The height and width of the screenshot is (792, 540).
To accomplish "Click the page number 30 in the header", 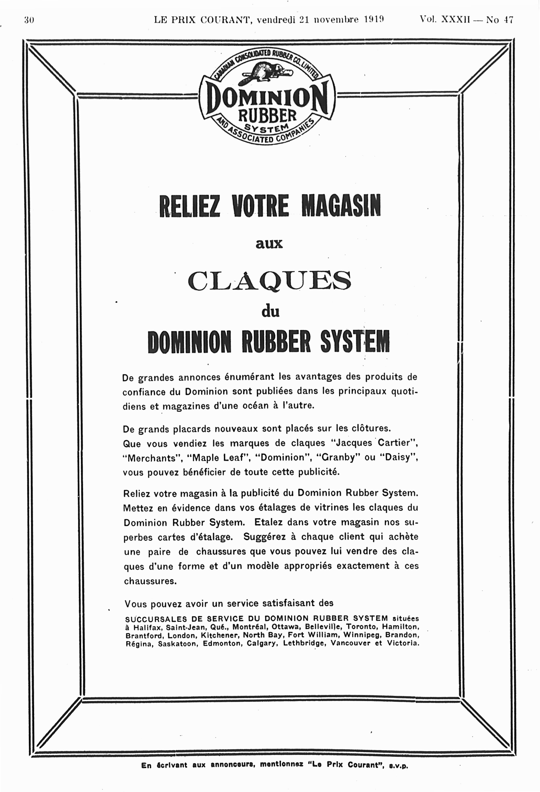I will pyautogui.click(x=29, y=20).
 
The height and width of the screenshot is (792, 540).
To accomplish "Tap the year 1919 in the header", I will pyautogui.click(x=374, y=20).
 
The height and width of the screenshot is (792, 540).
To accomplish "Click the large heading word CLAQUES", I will pyautogui.click(x=269, y=280).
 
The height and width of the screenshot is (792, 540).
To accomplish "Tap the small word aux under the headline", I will pyautogui.click(x=269, y=244).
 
